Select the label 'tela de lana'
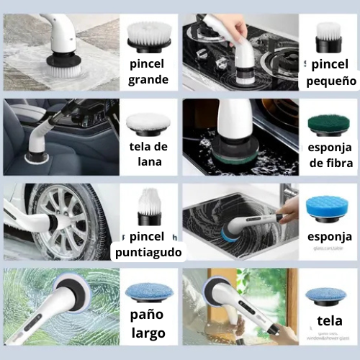point(148,154)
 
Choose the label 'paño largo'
point(148,323)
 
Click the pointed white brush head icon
point(148,206)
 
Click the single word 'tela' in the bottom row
point(329,320)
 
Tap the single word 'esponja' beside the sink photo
point(330,236)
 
